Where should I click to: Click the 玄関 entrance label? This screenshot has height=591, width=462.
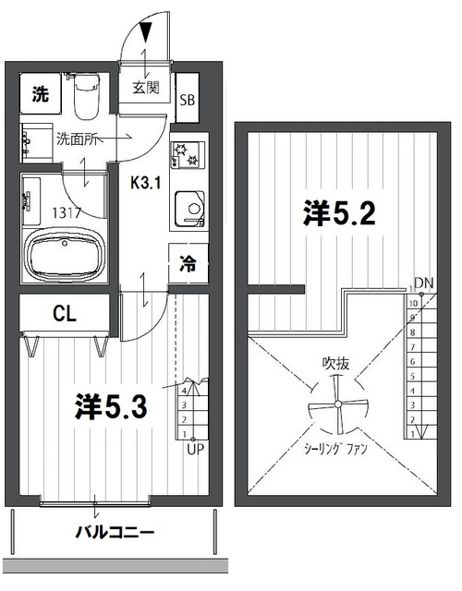[x=145, y=88]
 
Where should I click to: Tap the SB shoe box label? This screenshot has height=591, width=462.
[x=188, y=100]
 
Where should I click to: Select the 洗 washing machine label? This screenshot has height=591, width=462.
[x=40, y=93]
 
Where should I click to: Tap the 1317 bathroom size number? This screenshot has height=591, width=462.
[x=68, y=211]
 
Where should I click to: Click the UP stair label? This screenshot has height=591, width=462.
[x=195, y=450]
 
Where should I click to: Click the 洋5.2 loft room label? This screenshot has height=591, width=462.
[x=337, y=213]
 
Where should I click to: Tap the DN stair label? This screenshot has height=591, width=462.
[x=424, y=282]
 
